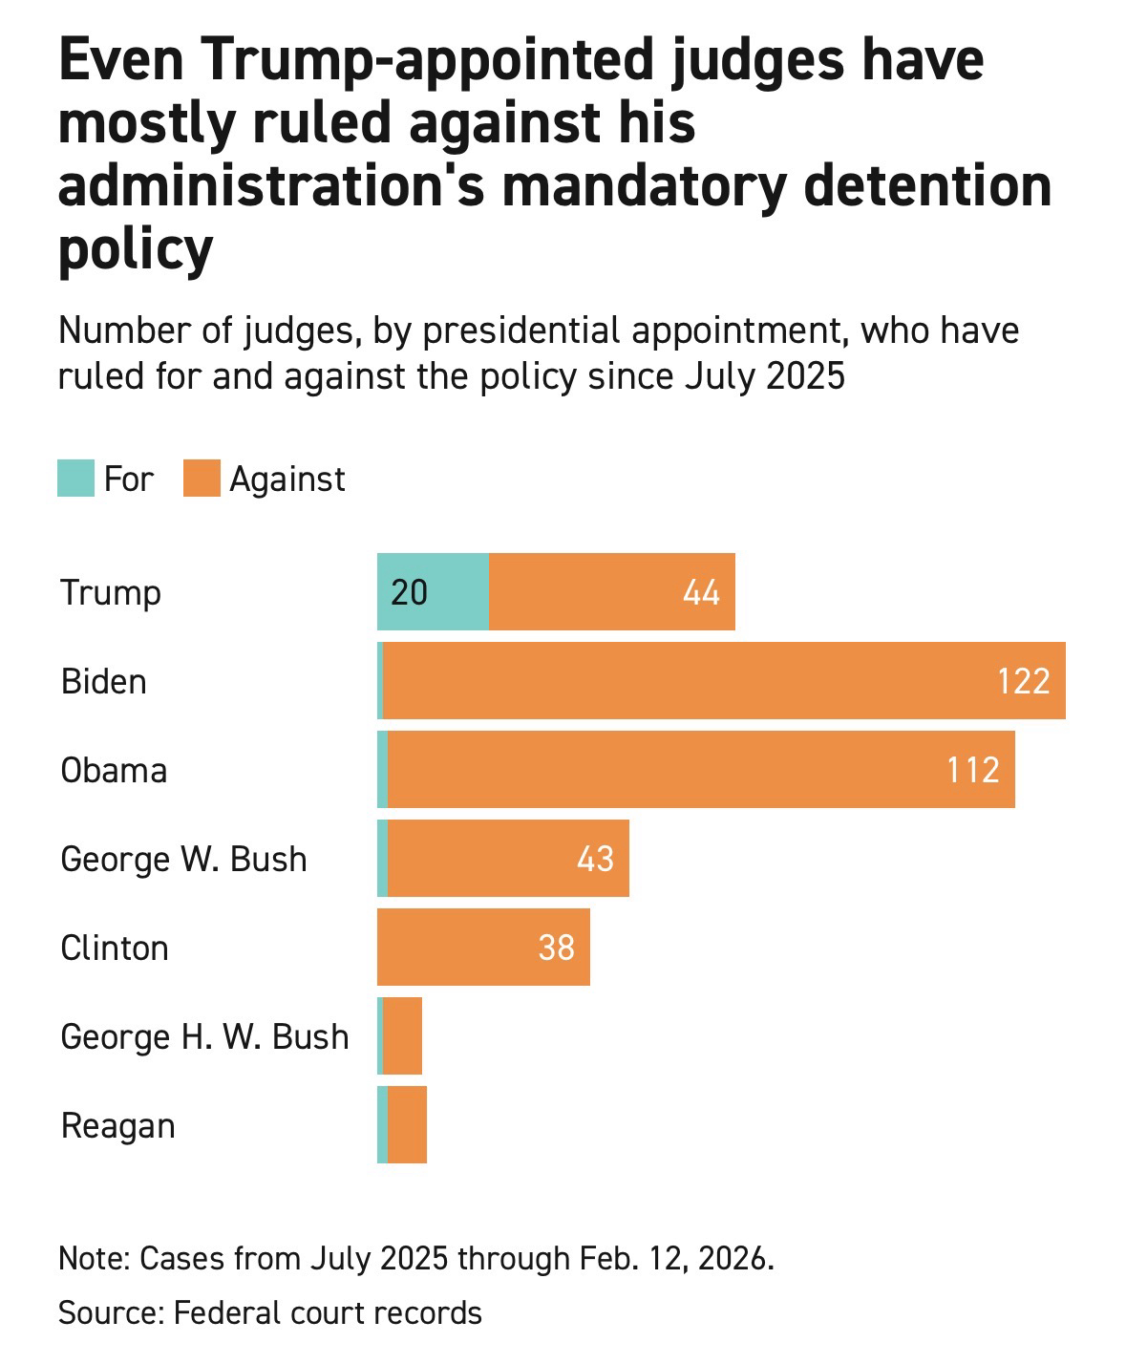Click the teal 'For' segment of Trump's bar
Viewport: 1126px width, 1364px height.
433,592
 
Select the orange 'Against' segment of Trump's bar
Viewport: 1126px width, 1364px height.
611,592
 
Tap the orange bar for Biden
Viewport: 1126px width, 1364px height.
723,681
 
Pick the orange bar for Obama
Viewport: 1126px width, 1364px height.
700,770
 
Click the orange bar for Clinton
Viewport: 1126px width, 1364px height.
483,948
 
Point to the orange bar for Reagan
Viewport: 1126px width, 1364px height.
408,1125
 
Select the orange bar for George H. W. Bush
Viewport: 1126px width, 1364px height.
403,1036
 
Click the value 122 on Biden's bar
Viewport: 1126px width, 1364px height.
1024,681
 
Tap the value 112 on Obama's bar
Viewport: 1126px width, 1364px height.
973,770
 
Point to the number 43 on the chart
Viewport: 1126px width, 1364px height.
595,859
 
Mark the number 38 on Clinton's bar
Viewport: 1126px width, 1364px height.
556,948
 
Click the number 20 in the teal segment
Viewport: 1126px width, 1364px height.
409,593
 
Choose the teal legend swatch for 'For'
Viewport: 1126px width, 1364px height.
75,479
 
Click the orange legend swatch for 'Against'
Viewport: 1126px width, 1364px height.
202,479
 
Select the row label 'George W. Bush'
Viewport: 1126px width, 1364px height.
183,859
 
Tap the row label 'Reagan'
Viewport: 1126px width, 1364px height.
117,1125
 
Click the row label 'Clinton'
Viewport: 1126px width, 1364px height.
115,948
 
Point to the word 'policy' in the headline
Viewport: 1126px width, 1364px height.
135,249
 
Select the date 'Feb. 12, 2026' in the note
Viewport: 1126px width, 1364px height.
675,1258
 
